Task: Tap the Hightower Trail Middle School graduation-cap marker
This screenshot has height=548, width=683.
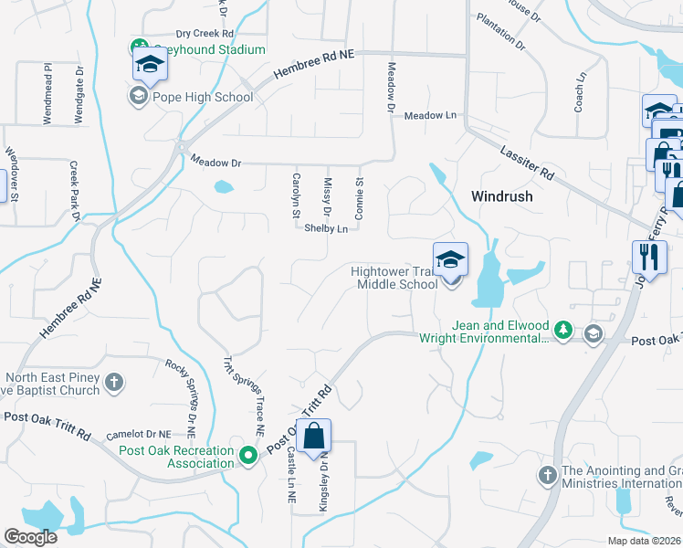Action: (450, 260)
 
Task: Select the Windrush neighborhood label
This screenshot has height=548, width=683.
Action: (501, 196)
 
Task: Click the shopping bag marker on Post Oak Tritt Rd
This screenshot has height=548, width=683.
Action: (313, 437)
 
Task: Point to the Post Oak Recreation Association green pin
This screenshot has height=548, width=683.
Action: (247, 454)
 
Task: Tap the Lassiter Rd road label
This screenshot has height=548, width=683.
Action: (528, 160)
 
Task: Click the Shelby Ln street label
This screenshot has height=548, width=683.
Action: (326, 228)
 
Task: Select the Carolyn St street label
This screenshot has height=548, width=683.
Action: (296, 195)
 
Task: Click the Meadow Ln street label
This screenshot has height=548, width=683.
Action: (430, 116)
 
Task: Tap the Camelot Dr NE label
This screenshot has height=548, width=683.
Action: (139, 434)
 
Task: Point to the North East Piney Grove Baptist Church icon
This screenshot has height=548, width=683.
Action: (114, 381)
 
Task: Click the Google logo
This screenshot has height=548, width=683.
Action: (30, 537)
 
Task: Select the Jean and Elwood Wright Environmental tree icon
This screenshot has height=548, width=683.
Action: (563, 330)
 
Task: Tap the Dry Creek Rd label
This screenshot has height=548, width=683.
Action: (205, 33)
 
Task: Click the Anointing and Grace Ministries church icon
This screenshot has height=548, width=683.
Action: (547, 475)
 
